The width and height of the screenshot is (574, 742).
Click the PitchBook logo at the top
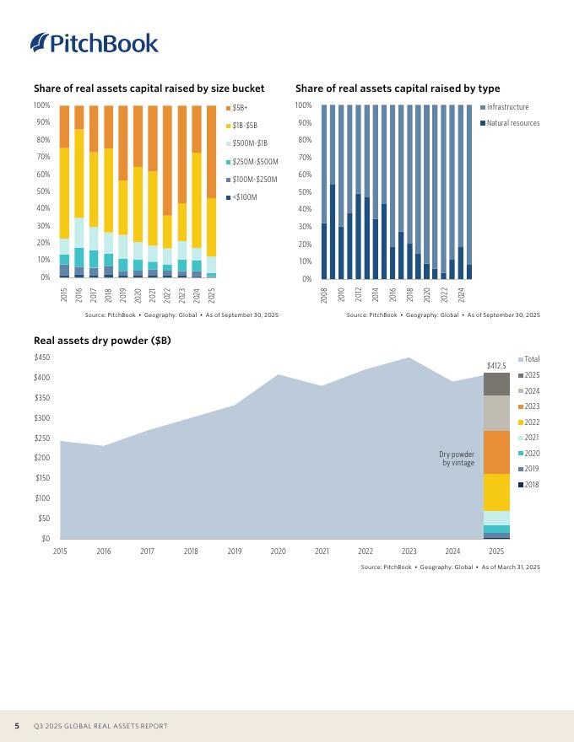click(94, 43)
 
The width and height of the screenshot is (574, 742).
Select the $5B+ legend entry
click(240, 108)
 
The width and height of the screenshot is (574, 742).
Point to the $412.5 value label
click(496, 366)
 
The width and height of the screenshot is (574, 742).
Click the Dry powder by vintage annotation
click(458, 458)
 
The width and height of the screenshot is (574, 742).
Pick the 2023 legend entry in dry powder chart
click(532, 406)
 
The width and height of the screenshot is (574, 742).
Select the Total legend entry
click(532, 359)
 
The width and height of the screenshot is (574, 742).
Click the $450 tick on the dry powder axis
click(41, 358)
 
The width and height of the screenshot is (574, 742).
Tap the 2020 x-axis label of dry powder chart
click(278, 551)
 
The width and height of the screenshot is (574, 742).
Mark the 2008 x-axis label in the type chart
click(324, 294)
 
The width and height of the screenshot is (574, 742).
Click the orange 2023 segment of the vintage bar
click(496, 452)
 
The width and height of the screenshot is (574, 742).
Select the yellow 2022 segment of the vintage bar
click(496, 492)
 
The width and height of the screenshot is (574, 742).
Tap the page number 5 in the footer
click(17, 726)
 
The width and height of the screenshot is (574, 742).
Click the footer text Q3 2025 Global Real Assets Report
click(100, 726)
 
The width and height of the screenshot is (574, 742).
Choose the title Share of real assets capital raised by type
click(398, 89)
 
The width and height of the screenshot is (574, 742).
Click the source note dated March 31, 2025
click(450, 567)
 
